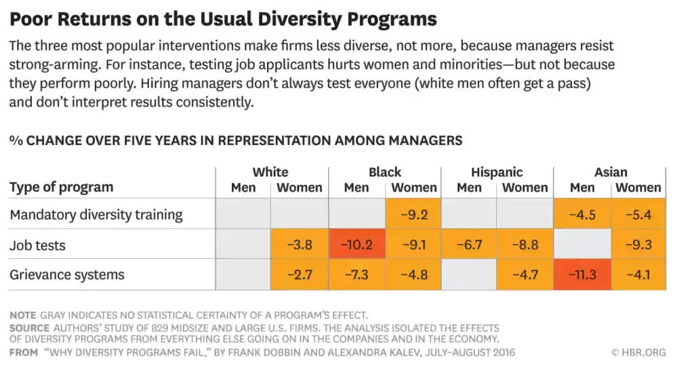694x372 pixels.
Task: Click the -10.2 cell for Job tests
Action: click(x=356, y=245)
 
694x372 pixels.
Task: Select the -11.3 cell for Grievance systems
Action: click(x=582, y=274)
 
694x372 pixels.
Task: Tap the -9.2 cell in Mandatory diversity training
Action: click(x=413, y=215)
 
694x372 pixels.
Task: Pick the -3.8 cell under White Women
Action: click(x=299, y=245)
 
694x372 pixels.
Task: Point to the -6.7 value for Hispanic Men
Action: click(x=469, y=245)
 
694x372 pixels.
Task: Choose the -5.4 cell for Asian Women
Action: click(x=638, y=215)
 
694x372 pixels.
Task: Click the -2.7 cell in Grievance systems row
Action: click(x=299, y=274)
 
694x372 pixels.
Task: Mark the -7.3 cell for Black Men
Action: click(x=356, y=274)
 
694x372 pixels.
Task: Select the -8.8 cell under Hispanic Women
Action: click(x=525, y=245)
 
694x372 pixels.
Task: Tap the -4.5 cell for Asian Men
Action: click(x=582, y=215)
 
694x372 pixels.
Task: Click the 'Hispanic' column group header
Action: click(x=497, y=172)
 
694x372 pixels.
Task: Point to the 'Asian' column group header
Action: click(x=611, y=172)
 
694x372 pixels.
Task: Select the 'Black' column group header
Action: click(x=385, y=172)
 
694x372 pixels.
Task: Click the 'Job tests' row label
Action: click(x=37, y=245)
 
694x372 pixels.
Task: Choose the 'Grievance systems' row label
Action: click(x=67, y=274)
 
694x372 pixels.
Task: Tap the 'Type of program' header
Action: click(x=61, y=187)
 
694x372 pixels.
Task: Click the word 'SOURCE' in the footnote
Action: click(x=29, y=328)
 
